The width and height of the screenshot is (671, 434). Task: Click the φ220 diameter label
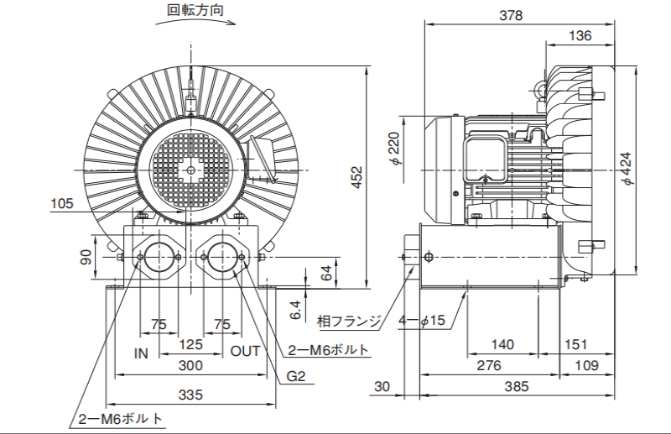click(x=395, y=149)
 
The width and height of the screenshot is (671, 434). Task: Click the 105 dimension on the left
click(x=62, y=203)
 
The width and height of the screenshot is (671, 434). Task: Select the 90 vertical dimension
click(x=85, y=258)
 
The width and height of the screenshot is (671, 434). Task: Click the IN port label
click(x=141, y=353)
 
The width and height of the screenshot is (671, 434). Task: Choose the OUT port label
click(x=246, y=352)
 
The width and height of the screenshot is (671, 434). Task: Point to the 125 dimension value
click(x=190, y=344)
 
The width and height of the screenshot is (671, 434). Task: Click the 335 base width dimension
click(x=191, y=395)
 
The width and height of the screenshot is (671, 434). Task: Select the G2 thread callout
click(x=295, y=377)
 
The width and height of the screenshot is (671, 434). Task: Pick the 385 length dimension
click(x=517, y=386)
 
